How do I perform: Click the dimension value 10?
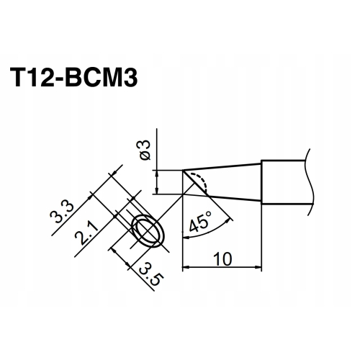[221, 257]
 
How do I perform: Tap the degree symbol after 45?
[209, 215]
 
